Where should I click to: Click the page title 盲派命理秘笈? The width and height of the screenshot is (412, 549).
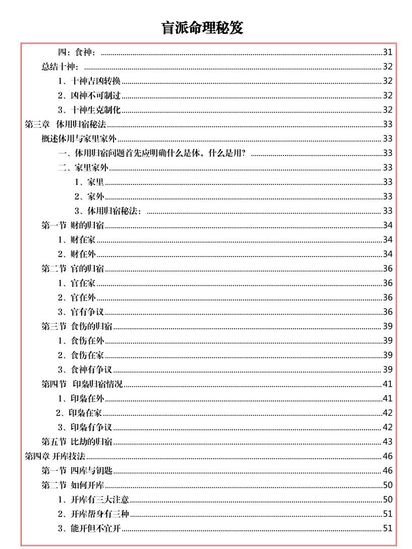[x=202, y=27]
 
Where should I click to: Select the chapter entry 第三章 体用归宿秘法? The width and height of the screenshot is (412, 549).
[x=66, y=124]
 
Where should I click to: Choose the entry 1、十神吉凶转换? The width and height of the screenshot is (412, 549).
[x=89, y=81]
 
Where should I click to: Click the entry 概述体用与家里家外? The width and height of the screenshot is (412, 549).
[x=79, y=139]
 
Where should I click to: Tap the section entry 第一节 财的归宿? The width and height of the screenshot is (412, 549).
[x=73, y=225]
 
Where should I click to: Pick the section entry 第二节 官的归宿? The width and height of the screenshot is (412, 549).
[x=73, y=269]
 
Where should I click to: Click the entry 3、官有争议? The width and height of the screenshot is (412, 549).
[x=81, y=312]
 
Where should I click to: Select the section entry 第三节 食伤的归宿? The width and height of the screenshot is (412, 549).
[x=77, y=326]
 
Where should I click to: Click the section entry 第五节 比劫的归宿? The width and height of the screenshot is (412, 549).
[x=77, y=442]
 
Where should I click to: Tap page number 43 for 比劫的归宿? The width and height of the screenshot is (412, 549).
[x=387, y=442]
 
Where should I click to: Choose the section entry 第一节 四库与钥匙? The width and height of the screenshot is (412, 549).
[x=77, y=471]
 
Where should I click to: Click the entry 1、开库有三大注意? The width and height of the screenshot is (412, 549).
[x=93, y=500]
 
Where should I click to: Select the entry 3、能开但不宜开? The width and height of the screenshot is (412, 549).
[x=89, y=529]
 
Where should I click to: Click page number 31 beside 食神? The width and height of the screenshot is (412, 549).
[x=387, y=52]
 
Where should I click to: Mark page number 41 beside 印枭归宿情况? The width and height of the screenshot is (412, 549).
[x=387, y=384]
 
